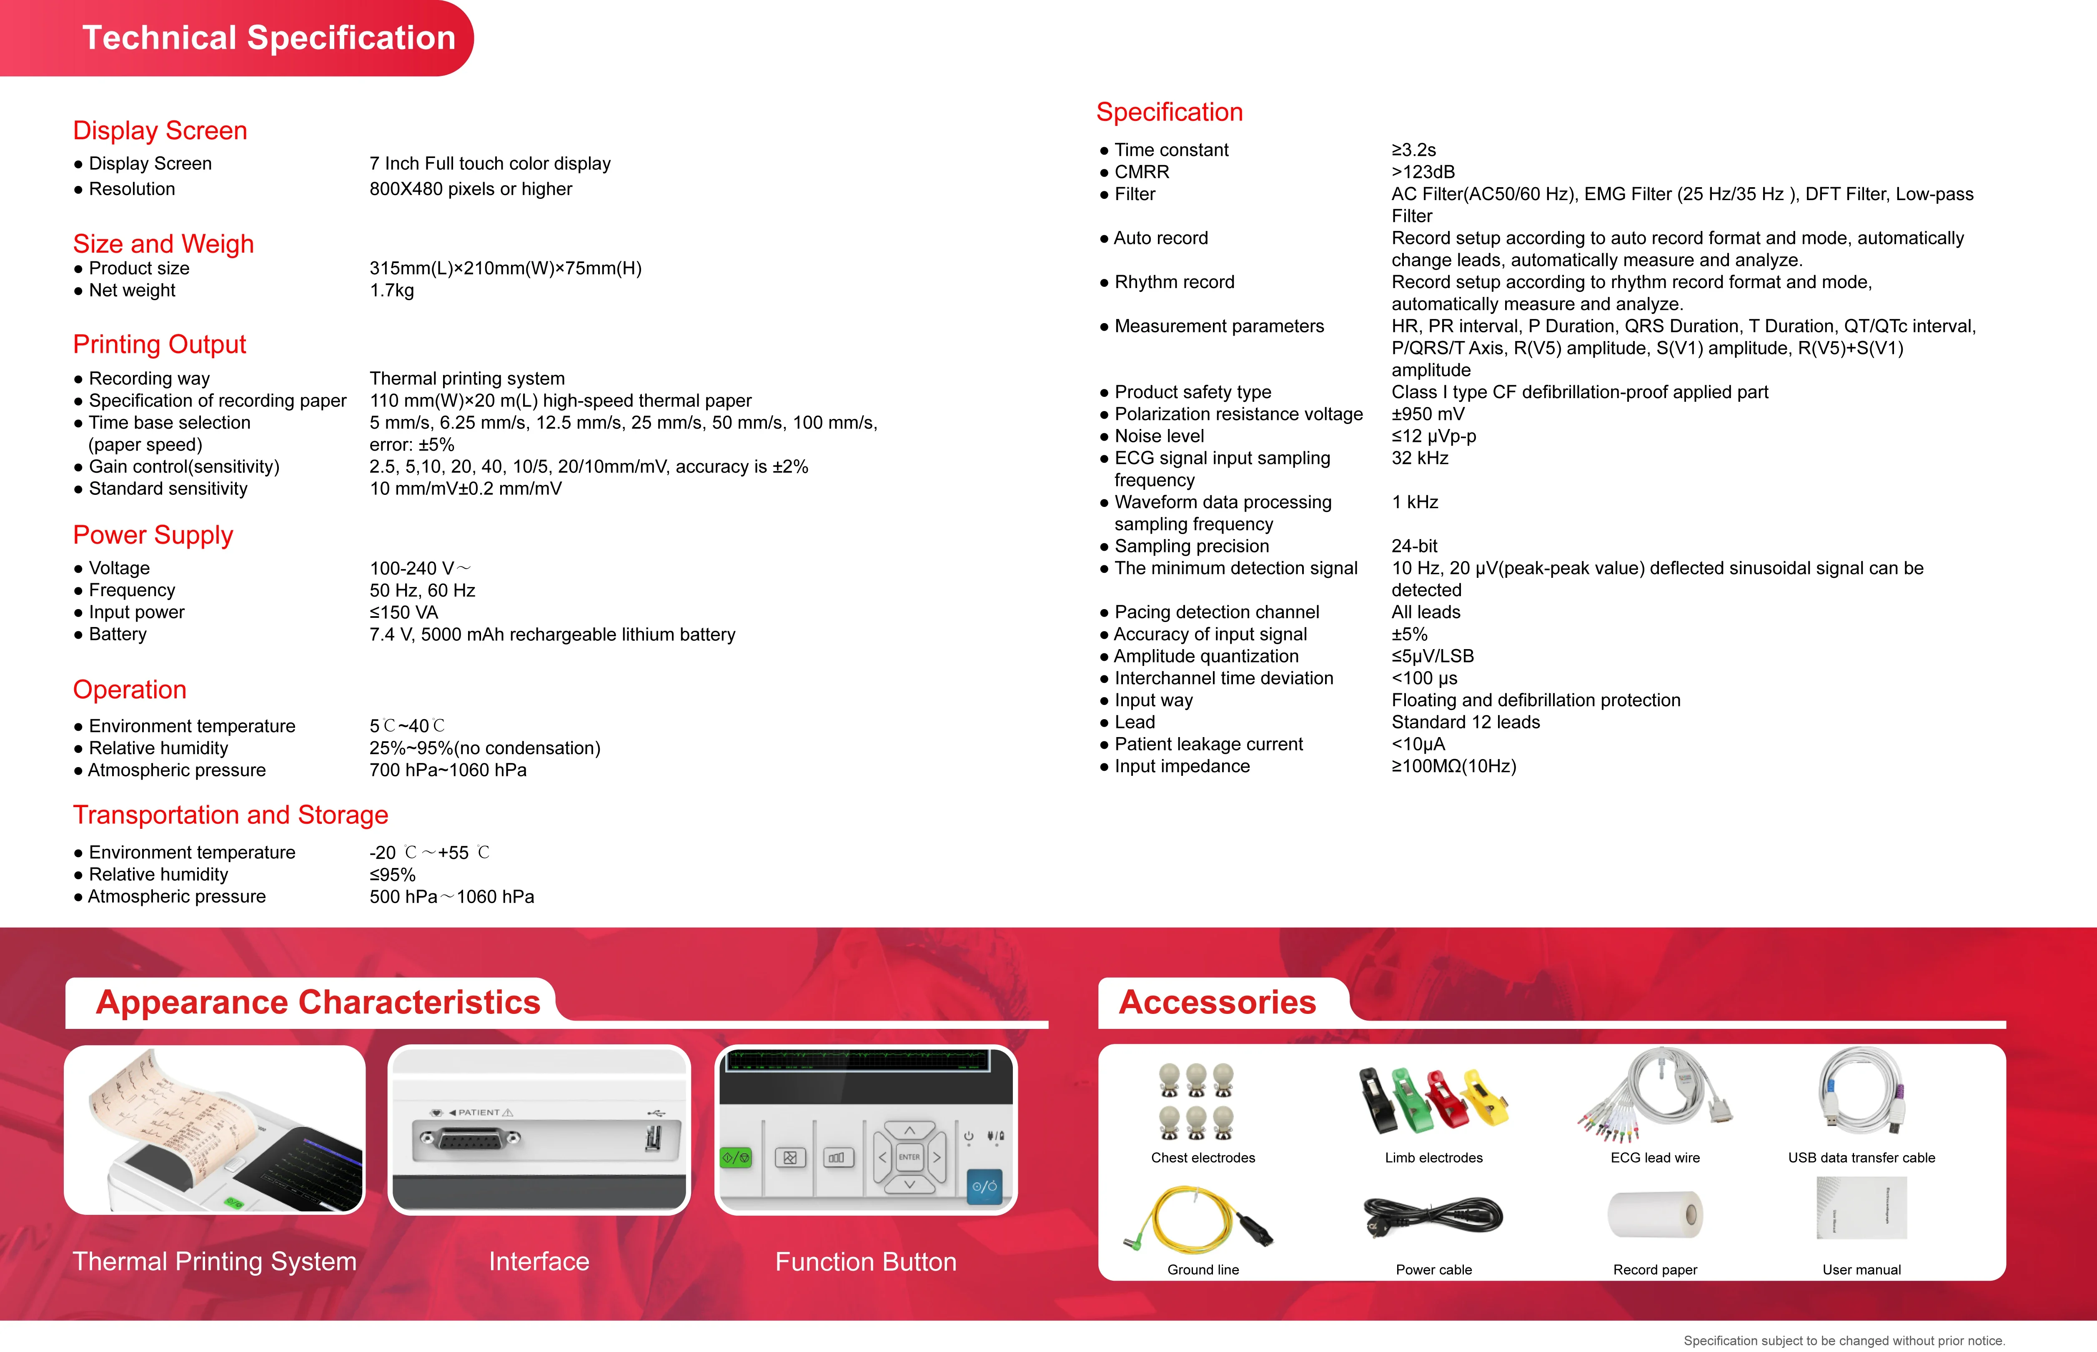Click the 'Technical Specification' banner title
[268, 38]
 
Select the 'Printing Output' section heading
[159, 344]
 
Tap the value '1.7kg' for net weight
[391, 291]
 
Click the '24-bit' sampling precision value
[1414, 546]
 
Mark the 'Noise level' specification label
[1159, 436]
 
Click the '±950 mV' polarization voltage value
[1427, 414]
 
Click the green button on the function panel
[736, 1158]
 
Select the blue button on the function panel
[984, 1186]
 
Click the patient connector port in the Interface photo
[470, 1139]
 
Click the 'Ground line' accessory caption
[1203, 1269]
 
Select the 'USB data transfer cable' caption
[1861, 1158]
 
